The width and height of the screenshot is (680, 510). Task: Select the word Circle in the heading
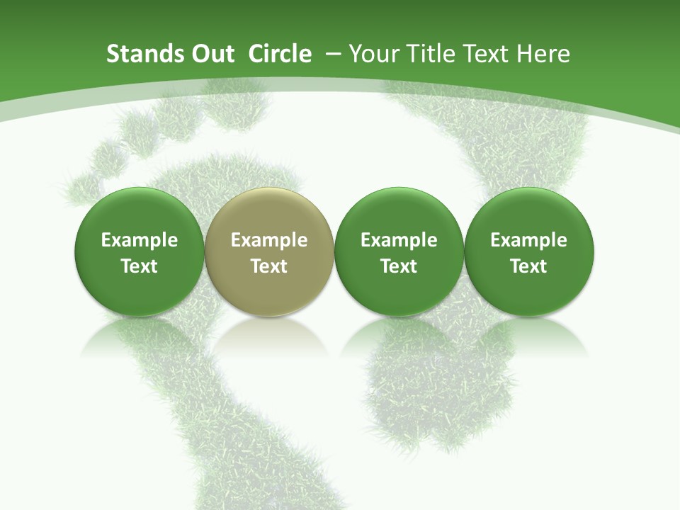(280, 54)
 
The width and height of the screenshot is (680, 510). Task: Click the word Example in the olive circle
(269, 240)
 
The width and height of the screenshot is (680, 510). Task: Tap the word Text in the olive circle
(269, 266)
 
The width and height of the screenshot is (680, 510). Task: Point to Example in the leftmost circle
(140, 240)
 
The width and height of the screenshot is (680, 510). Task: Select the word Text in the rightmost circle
(528, 266)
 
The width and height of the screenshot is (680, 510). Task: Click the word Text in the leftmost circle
(140, 266)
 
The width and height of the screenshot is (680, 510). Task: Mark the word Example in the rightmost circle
(528, 240)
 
